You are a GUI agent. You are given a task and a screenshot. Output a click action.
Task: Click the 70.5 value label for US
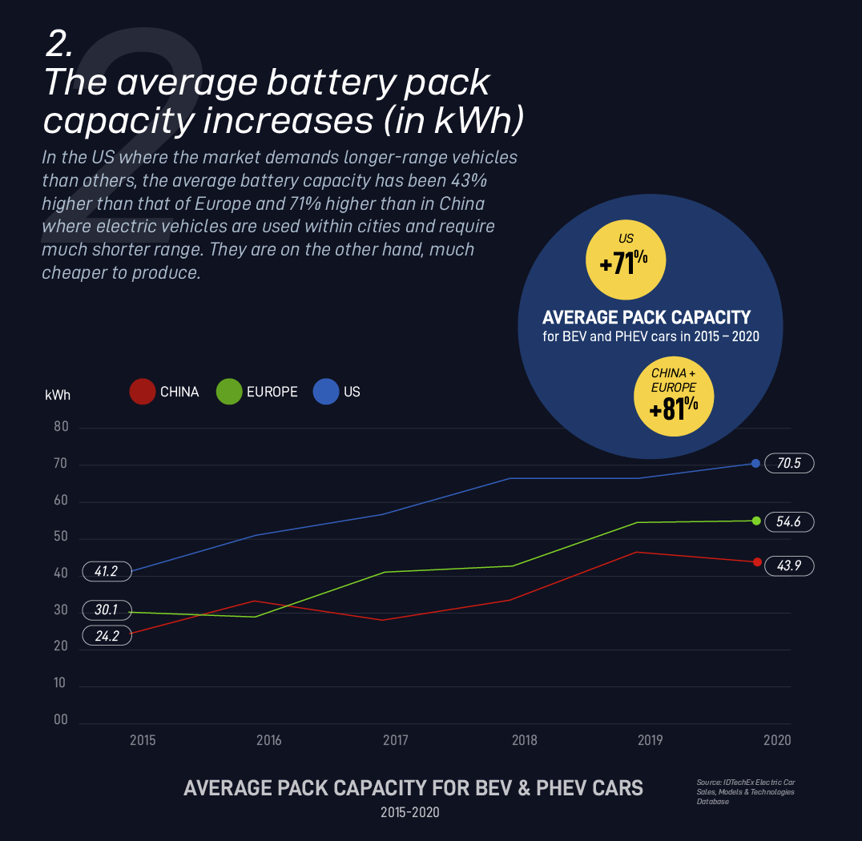[x=790, y=463]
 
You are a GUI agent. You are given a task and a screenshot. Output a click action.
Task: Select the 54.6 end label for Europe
[x=790, y=521]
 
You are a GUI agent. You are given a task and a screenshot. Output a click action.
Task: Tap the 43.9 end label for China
[x=790, y=565]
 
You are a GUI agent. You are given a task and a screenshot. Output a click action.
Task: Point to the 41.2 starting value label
[x=106, y=572]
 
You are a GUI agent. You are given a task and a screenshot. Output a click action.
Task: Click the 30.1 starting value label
[x=106, y=610]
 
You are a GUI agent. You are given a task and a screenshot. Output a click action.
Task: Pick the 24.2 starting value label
[x=106, y=637]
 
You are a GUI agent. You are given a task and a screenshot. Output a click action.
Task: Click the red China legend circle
[x=142, y=392]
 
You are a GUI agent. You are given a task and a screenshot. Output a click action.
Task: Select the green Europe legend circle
[x=229, y=392]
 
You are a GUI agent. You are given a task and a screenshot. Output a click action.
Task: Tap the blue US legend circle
[x=326, y=392]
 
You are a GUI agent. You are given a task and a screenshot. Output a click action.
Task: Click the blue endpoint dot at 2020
[x=755, y=463]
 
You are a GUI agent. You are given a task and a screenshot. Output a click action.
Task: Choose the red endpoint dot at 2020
[x=757, y=562]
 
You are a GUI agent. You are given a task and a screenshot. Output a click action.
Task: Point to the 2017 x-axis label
[x=396, y=740]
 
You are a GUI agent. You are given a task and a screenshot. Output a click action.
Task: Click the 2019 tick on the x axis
[x=650, y=740]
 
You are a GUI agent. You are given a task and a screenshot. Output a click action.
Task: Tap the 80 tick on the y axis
[x=62, y=427]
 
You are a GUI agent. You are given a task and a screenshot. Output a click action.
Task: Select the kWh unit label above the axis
[x=58, y=394]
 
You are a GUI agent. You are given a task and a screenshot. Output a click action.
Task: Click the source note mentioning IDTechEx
[x=745, y=791]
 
